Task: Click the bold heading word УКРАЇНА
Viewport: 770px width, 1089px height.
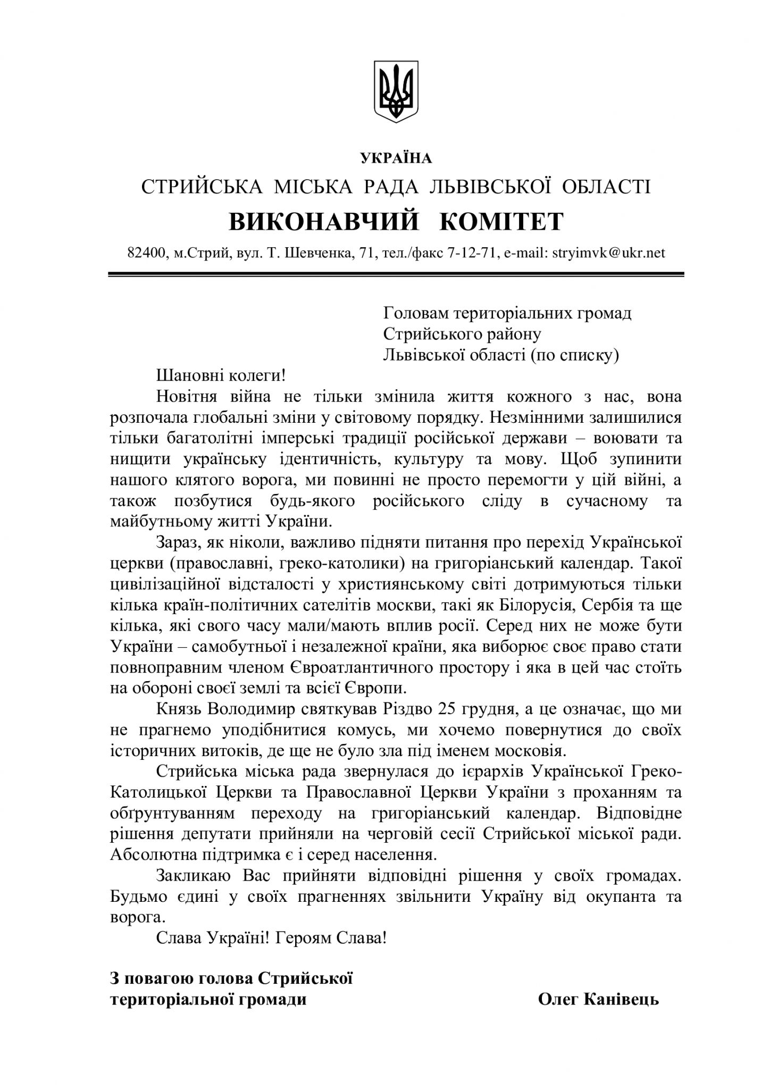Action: click(396, 158)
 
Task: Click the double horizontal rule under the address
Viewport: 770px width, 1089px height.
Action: click(396, 274)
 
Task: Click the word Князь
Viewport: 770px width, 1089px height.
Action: click(179, 709)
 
